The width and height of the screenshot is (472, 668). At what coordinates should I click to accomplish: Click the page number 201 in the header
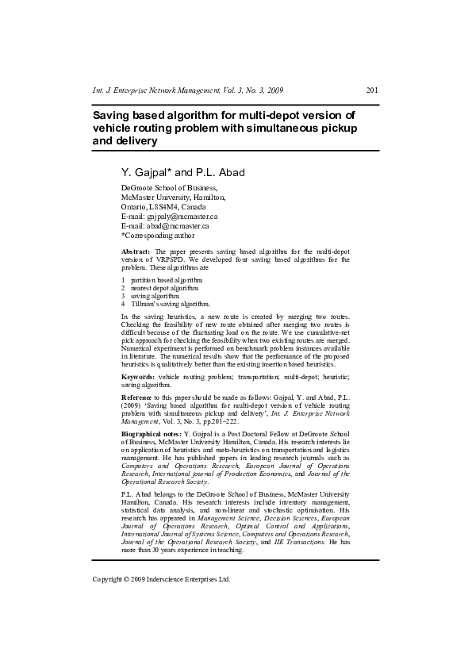371,90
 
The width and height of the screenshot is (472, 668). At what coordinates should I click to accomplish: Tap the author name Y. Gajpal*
145,172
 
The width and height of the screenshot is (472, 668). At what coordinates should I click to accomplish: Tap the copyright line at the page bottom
161,579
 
